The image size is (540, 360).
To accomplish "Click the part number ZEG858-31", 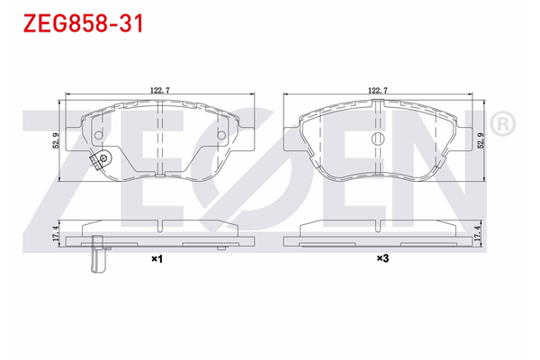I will point(75,20).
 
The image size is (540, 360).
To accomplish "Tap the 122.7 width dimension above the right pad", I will point(377,90).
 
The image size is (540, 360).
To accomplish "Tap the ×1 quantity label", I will point(155,259).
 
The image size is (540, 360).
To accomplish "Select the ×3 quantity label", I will point(382,259).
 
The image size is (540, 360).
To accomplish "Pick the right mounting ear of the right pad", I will point(458,138).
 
